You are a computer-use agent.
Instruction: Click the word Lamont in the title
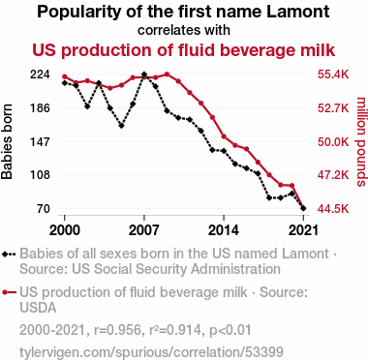(298, 12)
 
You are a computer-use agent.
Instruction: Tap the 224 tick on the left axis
(40, 75)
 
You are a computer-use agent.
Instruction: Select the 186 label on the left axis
(40, 108)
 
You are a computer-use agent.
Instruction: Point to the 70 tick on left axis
(43, 209)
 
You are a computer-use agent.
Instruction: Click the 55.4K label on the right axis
(333, 75)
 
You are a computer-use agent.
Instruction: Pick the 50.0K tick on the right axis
(333, 141)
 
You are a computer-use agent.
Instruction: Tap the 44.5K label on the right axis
(333, 209)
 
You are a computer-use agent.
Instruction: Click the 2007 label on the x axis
(144, 230)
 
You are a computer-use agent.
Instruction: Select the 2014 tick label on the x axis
(224, 230)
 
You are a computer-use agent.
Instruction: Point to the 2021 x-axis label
(303, 230)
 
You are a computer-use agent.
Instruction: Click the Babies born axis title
(7, 141)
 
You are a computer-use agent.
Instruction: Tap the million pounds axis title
(361, 141)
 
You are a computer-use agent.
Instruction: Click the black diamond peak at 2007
(144, 75)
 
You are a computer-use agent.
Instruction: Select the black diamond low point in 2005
(121, 126)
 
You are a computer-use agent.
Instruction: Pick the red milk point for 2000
(65, 76)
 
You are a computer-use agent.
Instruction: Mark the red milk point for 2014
(224, 136)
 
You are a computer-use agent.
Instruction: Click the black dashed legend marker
(9, 254)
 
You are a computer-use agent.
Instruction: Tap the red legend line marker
(9, 292)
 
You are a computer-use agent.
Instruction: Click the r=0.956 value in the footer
(117, 330)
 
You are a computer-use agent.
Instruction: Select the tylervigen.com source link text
(151, 351)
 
